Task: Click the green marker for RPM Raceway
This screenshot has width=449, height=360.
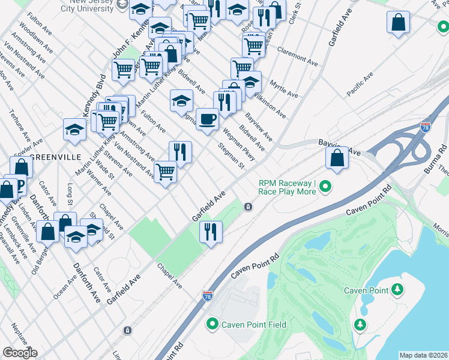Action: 325,187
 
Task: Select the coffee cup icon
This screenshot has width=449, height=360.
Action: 208,119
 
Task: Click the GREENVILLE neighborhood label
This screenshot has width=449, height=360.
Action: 55,157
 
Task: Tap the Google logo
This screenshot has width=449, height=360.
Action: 20,353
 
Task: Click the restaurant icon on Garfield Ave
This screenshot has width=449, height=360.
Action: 210,231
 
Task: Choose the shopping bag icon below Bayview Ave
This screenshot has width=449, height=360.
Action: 337,158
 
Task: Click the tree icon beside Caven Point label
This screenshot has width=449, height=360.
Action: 397,290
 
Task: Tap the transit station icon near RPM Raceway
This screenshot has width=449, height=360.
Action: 248,206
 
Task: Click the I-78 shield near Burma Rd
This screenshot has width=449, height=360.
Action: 424,127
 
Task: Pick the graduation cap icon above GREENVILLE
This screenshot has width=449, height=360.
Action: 74,129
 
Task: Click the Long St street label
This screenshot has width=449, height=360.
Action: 70,196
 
